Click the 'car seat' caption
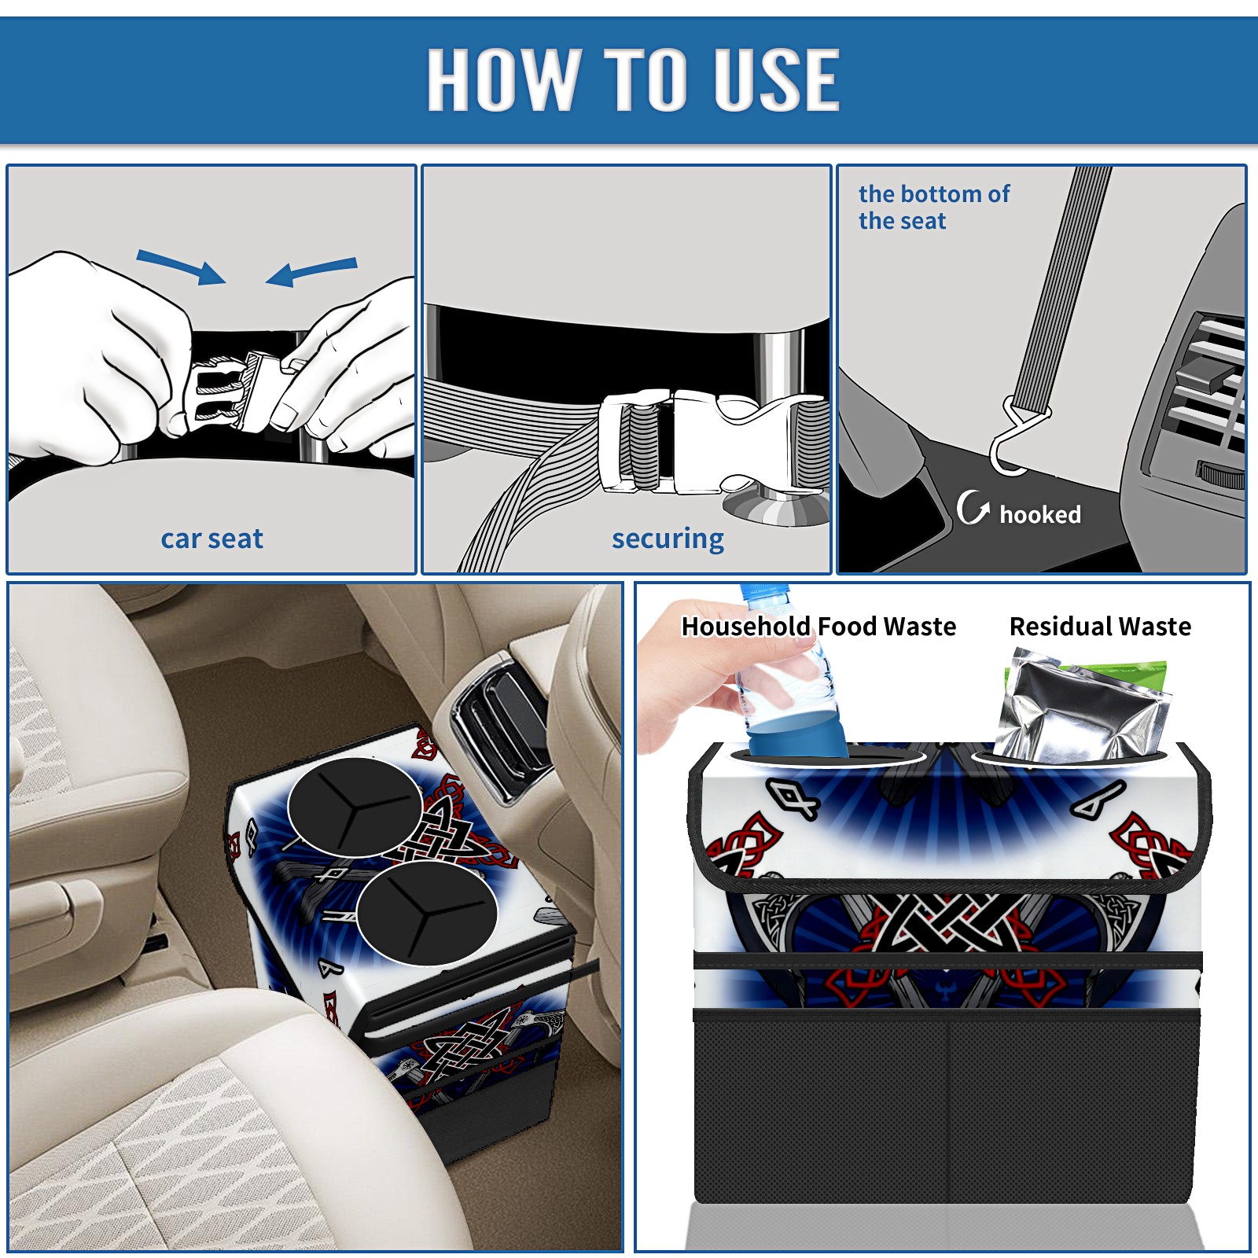[212, 539]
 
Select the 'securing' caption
[668, 539]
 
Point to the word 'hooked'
[1040, 514]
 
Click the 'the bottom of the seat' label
[933, 207]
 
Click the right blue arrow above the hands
[311, 271]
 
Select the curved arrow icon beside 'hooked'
[973, 507]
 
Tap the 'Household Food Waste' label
[818, 626]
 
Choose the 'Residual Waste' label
[1100, 626]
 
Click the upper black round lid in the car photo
[355, 807]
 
